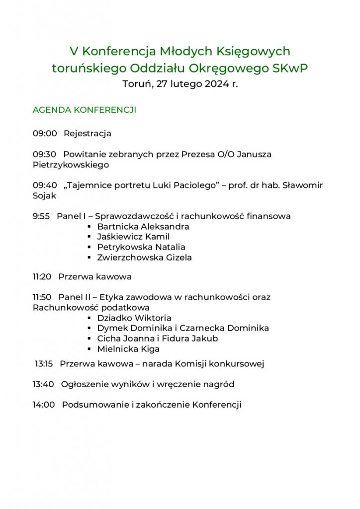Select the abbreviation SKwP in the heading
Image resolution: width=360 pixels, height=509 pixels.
coord(290,68)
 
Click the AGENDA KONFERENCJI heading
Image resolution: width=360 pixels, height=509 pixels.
coord(84,110)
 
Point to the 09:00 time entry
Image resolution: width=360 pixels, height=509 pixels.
coord(45,133)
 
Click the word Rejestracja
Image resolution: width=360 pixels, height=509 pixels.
coord(88,133)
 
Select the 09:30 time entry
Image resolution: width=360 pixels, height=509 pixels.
coord(45,154)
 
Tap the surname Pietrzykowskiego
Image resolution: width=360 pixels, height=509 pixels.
coord(71,165)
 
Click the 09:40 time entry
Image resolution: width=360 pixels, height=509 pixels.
coord(45,185)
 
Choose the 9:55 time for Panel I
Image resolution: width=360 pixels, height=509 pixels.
coord(41,216)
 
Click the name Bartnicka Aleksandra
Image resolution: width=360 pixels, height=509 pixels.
coord(143,227)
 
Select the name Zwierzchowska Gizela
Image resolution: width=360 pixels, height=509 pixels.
coord(144,257)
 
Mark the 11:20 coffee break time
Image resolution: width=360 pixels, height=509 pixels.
coord(42,276)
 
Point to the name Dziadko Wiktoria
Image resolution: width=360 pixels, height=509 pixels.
coord(134,318)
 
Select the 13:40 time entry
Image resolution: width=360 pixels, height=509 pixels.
coord(44,384)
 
